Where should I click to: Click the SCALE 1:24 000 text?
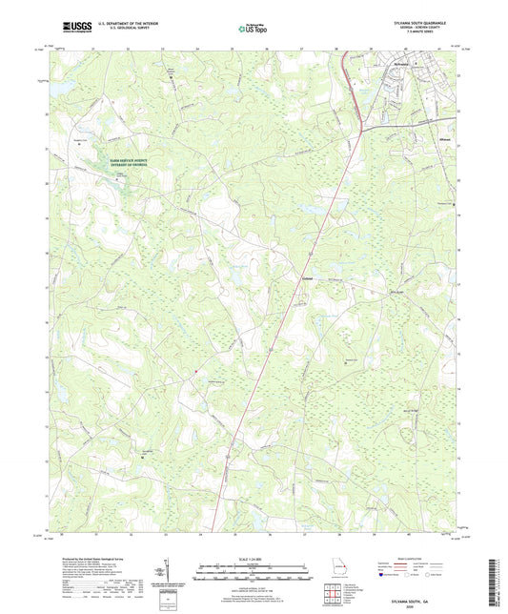[x=254, y=559]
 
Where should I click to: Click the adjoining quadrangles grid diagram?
[x=333, y=593]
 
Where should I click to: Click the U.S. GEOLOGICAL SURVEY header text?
[x=116, y=30]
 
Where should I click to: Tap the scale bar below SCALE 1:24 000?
[x=254, y=572]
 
